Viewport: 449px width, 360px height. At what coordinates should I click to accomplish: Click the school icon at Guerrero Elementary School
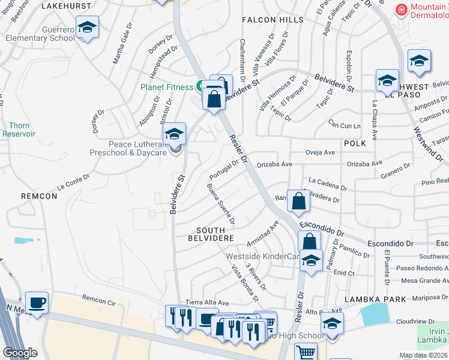(x=88, y=29)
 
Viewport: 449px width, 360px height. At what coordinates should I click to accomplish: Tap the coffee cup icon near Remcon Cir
(x=37, y=302)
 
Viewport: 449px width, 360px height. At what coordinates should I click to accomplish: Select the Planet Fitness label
(x=166, y=87)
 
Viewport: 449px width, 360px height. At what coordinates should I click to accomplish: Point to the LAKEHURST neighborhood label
(x=67, y=6)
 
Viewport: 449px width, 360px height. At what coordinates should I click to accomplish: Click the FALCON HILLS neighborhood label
(x=268, y=20)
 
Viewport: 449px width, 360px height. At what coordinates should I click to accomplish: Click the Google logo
(x=20, y=353)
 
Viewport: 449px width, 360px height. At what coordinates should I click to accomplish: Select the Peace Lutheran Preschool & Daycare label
(x=128, y=149)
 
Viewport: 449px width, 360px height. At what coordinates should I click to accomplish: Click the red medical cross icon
(x=400, y=8)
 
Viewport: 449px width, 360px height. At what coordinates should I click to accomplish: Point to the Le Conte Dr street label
(x=73, y=180)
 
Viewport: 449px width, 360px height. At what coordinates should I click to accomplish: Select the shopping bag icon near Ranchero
(x=298, y=202)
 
